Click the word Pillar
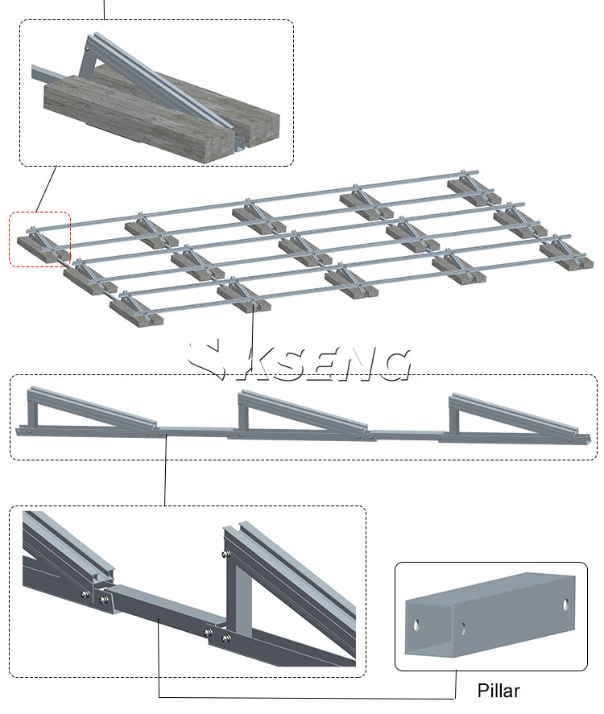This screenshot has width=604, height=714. coord(499,691)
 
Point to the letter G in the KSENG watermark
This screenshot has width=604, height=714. coord(393,365)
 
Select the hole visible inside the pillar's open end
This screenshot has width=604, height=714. coord(463,629)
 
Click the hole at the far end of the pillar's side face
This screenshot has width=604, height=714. coord(565,605)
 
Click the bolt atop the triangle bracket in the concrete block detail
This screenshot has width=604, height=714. coord(86,47)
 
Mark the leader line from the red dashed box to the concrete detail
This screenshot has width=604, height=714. coord(46,189)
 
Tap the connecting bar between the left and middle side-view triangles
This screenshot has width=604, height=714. coord(196,431)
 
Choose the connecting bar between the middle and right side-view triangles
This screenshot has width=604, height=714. coord(407,435)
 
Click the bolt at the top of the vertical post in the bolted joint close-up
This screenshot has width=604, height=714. coord(225,554)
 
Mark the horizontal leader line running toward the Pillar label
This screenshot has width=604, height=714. coord(307,697)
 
